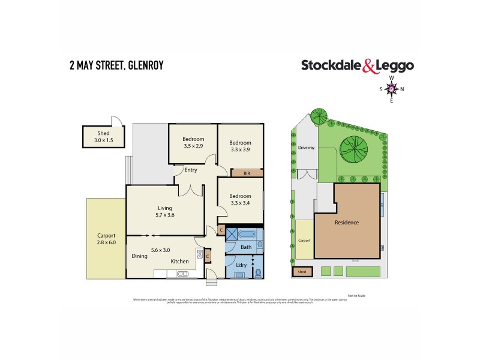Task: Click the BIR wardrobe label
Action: pos(247,173)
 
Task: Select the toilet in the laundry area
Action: pos(257,273)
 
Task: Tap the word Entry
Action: pos(191,170)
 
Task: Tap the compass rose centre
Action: pos(392,89)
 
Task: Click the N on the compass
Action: pos(402,89)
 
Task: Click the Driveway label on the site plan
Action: pos(306,148)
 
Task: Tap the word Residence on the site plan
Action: pos(347,223)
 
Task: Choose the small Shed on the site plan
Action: pos(302,271)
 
